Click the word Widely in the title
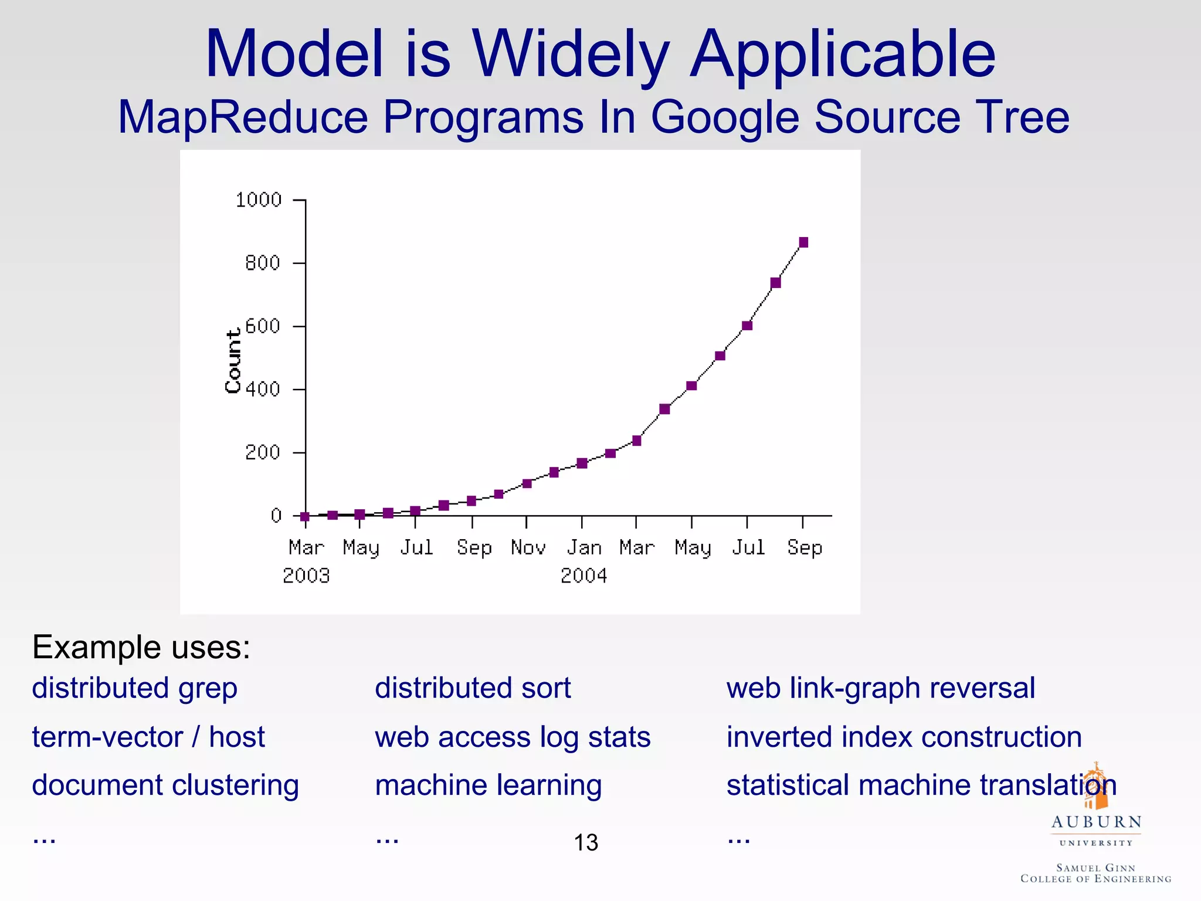pyautogui.click(x=570, y=56)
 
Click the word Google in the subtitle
pyautogui.click(x=725, y=117)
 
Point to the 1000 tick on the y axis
pyautogui.click(x=259, y=200)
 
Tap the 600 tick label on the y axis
pyautogui.click(x=262, y=326)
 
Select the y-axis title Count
pyautogui.click(x=233, y=361)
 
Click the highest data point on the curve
pyautogui.click(x=803, y=243)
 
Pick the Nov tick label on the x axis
pyautogui.click(x=528, y=548)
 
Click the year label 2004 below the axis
pyautogui.click(x=583, y=576)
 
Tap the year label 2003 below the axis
pyautogui.click(x=306, y=576)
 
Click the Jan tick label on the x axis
pyautogui.click(x=584, y=548)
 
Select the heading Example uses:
pyautogui.click(x=141, y=648)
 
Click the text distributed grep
pyautogui.click(x=134, y=688)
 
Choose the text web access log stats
pyautogui.click(x=513, y=737)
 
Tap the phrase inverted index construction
pyautogui.click(x=904, y=737)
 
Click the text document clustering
pyautogui.click(x=165, y=786)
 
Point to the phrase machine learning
pyautogui.click(x=488, y=786)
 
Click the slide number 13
pyautogui.click(x=585, y=843)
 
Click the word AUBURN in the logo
pyautogui.click(x=1096, y=822)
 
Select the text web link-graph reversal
pyautogui.click(x=880, y=688)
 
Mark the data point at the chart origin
pyautogui.click(x=305, y=516)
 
